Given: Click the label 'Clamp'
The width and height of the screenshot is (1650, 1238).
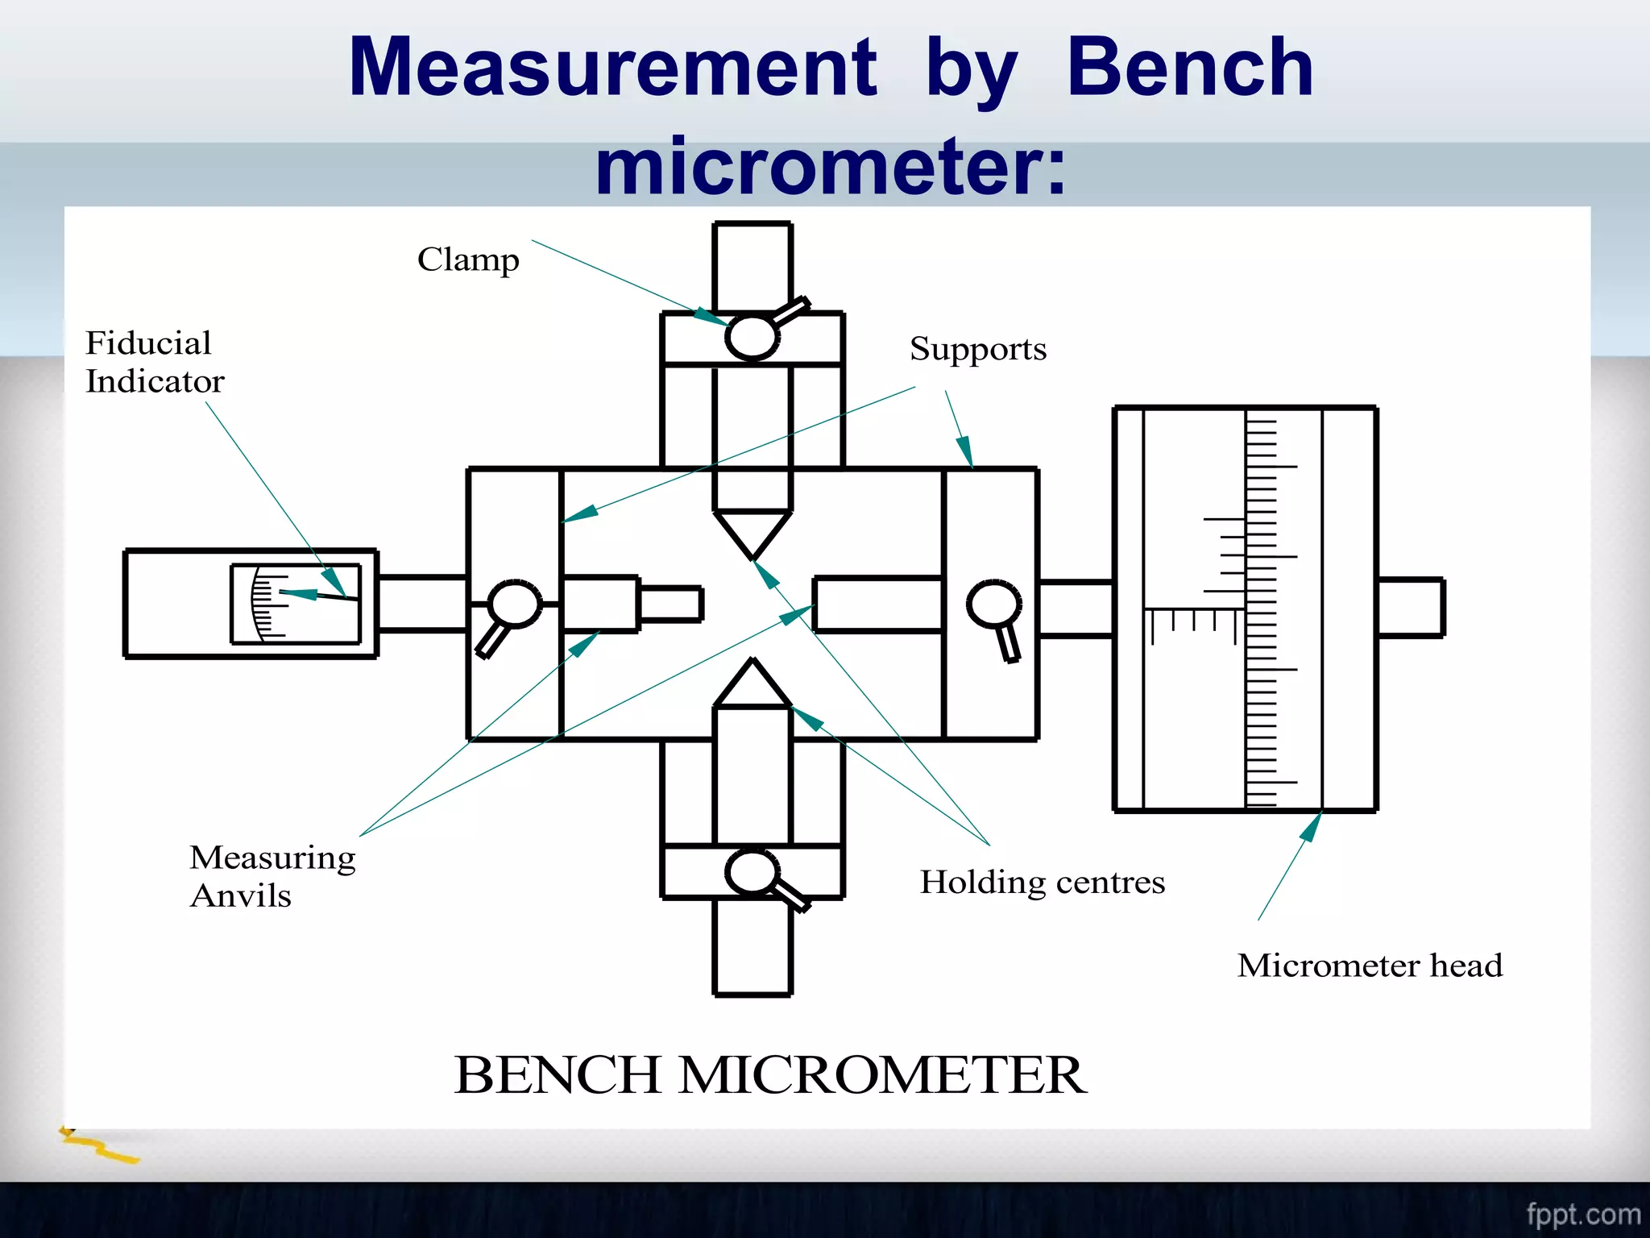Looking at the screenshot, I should pyautogui.click(x=468, y=260).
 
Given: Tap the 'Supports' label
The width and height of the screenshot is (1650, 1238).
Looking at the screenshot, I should pyautogui.click(x=978, y=349).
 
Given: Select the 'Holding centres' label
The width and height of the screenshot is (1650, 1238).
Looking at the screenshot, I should pyautogui.click(x=1043, y=883).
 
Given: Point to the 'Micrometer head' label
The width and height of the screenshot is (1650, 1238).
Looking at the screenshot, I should pyautogui.click(x=1370, y=966).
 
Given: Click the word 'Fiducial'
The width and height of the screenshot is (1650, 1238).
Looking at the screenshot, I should pyautogui.click(x=148, y=343).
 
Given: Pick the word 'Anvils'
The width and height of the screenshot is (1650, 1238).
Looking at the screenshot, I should pyautogui.click(x=240, y=896).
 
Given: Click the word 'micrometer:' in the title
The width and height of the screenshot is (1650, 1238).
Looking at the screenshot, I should pyautogui.click(x=830, y=168).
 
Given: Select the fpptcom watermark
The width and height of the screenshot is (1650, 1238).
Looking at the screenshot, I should pyautogui.click(x=1582, y=1214).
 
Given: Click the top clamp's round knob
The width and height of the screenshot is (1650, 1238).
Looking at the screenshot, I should pyautogui.click(x=752, y=337).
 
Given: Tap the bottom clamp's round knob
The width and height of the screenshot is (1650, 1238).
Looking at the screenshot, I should pyautogui.click(x=752, y=873).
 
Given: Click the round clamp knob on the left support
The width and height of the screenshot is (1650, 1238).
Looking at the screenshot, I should pyautogui.click(x=514, y=603).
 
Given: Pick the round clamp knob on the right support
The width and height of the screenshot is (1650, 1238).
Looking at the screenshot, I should pyautogui.click(x=994, y=603).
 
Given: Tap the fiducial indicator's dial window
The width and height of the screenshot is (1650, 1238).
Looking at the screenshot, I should pyautogui.click(x=296, y=604).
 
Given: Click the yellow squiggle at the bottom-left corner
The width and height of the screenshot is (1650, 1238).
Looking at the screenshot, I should pyautogui.click(x=101, y=1147).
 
